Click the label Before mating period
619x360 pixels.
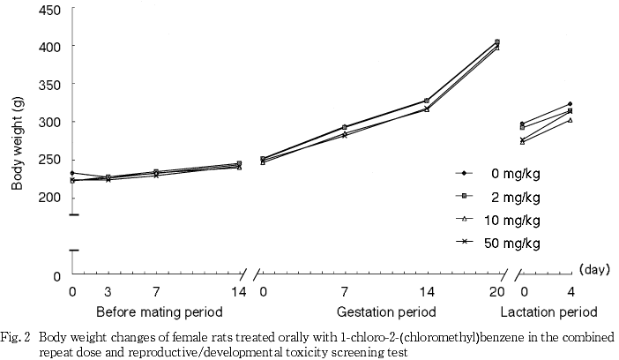pos(159,312)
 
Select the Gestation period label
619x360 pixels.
pos(386,312)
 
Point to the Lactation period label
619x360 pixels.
pos(549,312)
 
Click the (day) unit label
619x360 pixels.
pos(595,270)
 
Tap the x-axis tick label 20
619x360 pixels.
pos(497,292)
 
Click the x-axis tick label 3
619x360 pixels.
pos(108,292)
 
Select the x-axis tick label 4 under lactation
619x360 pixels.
pos(570,292)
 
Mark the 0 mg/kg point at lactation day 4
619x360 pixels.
pos(570,104)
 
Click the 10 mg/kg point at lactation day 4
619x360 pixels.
pos(570,119)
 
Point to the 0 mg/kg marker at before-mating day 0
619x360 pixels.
pos(72,173)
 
